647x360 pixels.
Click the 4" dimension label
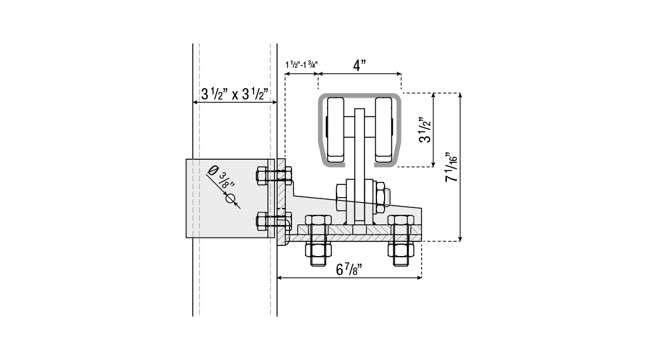click(359, 65)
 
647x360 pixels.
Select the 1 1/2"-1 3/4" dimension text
click(302, 65)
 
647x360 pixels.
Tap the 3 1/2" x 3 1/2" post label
click(234, 94)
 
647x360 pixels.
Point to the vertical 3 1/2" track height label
click(425, 130)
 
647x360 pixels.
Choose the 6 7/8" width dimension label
click(349, 269)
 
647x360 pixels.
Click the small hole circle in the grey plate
click(231, 198)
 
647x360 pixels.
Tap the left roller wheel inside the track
click(335, 129)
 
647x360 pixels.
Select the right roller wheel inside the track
click(383, 129)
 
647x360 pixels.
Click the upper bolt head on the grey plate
click(261, 176)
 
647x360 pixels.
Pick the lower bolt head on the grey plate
click(261, 221)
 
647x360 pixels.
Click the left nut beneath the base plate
click(317, 249)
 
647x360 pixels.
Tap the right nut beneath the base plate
click(400, 249)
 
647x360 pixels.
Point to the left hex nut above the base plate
click(317, 221)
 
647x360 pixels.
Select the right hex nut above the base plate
click(400, 221)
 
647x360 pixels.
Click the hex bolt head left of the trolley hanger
click(341, 196)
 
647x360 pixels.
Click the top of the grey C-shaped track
click(359, 95)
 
